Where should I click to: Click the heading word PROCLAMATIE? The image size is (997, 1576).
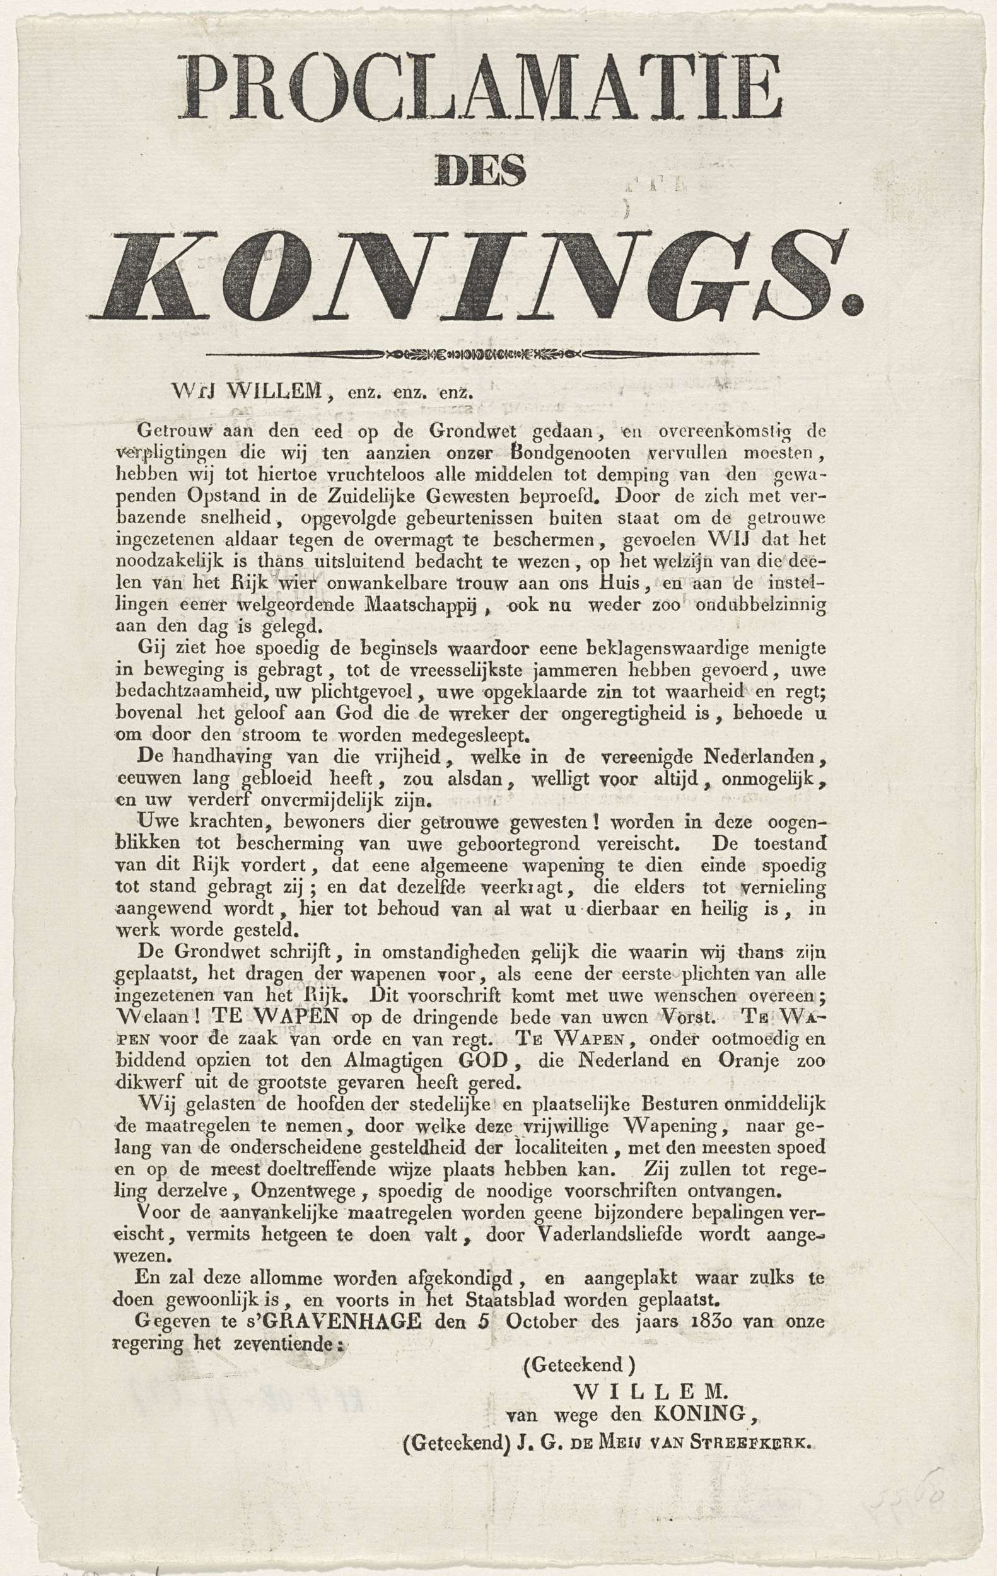tap(484, 87)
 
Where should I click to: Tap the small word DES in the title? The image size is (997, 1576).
tap(482, 171)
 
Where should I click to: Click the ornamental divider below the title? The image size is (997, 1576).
tap(482, 355)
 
